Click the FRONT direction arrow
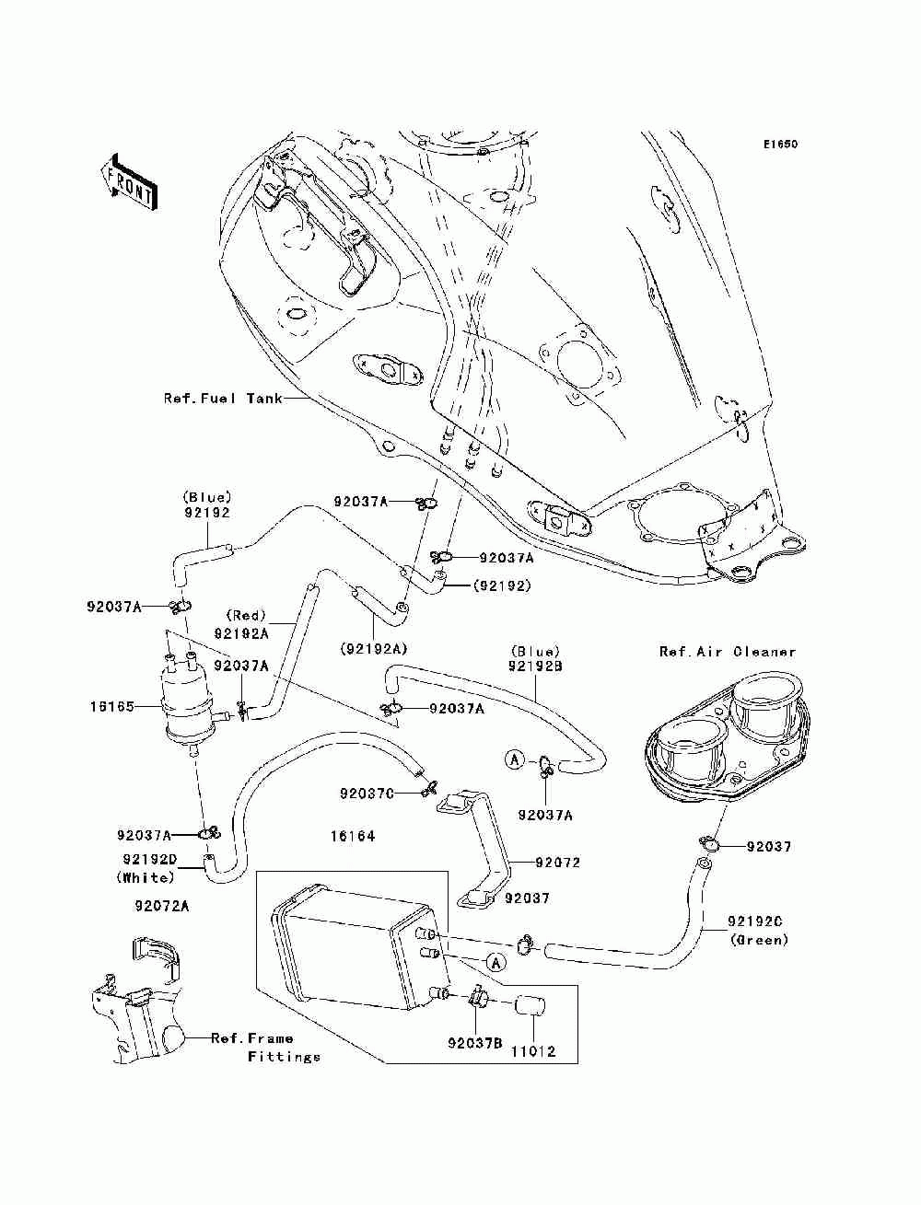129,183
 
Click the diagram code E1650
780,145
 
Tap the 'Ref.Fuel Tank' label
223,398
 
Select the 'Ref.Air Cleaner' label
728,652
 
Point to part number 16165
112,707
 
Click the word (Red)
246,616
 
